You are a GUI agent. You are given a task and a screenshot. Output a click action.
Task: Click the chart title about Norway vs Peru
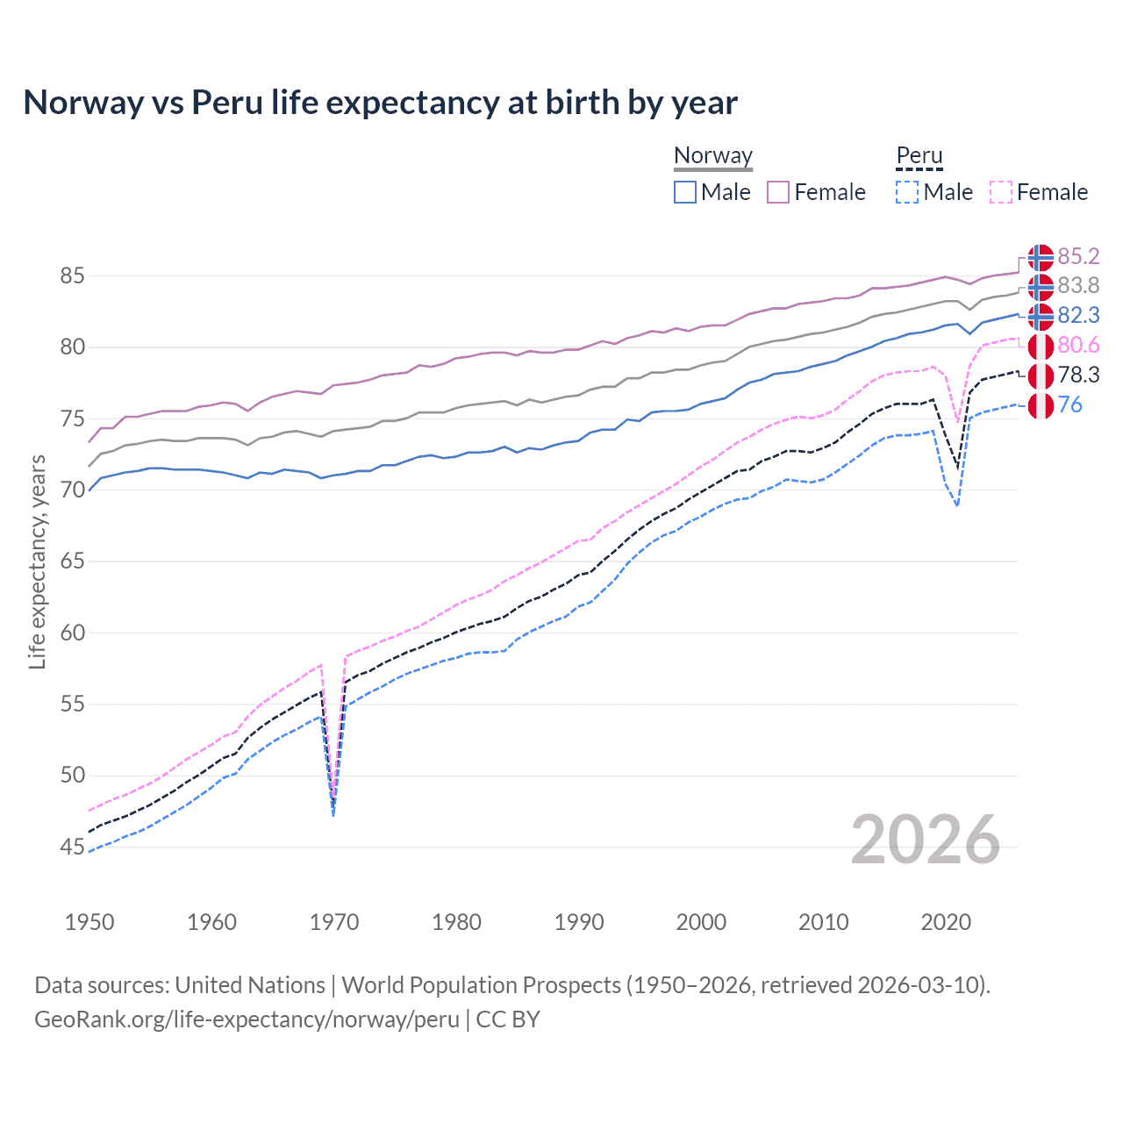coord(380,103)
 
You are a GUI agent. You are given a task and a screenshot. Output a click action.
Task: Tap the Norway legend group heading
coord(712,155)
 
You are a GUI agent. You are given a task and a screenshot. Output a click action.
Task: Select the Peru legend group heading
coord(919,155)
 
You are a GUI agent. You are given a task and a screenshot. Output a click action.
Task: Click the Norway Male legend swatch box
coord(685,192)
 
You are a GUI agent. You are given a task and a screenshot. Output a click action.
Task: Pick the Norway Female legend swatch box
coord(778,192)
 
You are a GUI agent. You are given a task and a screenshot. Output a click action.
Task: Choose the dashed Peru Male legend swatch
coord(907,192)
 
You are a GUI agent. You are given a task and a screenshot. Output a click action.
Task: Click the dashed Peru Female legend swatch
coord(1001,192)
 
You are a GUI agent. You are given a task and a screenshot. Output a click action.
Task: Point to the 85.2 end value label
coord(1078,256)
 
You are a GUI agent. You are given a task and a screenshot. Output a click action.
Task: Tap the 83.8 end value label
coord(1078,286)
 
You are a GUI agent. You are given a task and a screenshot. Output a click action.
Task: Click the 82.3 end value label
coord(1078,316)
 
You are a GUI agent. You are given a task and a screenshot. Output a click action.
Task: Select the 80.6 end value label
coord(1078,346)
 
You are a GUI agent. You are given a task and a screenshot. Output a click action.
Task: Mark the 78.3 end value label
coord(1078,376)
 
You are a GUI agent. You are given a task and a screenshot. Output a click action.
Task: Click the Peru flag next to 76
coord(1041,405)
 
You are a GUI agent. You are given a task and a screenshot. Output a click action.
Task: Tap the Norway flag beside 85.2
coord(1041,257)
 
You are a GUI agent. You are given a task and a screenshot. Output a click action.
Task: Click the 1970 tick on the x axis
coord(334,922)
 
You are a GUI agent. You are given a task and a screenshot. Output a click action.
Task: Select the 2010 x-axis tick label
coord(823,922)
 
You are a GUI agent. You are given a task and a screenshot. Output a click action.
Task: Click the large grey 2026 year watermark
coord(925,840)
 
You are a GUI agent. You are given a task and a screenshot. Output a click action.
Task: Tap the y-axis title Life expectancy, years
coord(38,561)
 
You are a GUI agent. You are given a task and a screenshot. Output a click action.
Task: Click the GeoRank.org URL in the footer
coord(247,1019)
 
